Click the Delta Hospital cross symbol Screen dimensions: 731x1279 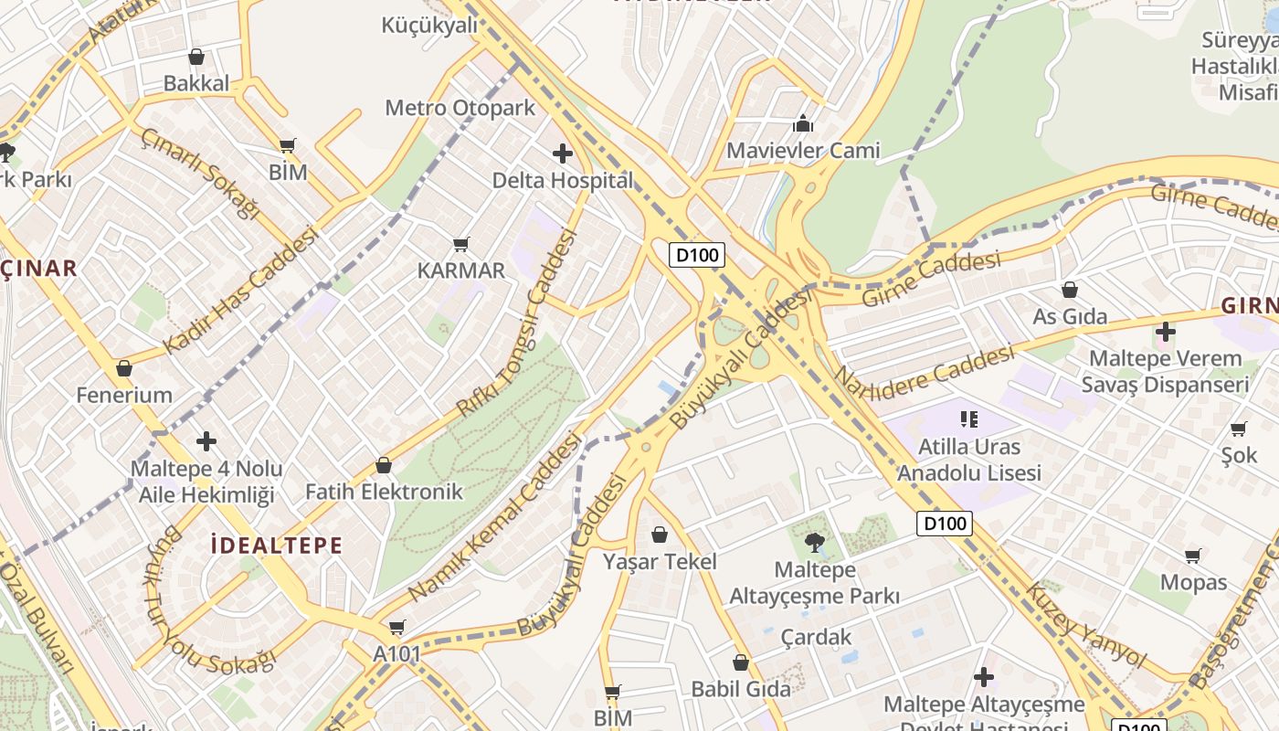(563, 153)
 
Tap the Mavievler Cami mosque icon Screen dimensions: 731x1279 (803, 122)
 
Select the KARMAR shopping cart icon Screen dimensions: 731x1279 (461, 244)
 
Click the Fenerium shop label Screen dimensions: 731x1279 (124, 395)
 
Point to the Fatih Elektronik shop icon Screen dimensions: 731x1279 (384, 465)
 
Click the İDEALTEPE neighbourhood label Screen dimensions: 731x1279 (276, 546)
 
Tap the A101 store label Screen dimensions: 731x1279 (396, 653)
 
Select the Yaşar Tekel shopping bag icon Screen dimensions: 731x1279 (660, 534)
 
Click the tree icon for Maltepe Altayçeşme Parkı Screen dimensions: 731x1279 (815, 543)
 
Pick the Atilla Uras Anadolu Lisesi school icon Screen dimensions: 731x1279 (969, 419)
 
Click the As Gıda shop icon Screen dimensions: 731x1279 (1070, 290)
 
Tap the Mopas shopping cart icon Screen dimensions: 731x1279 (1193, 555)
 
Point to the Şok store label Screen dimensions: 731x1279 (1239, 454)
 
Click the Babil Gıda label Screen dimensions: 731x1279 (741, 688)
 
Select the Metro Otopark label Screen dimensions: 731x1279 (460, 108)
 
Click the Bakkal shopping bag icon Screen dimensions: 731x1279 (196, 57)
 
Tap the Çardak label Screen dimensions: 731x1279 (816, 637)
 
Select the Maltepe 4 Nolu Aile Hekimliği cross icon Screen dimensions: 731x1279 (206, 441)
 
